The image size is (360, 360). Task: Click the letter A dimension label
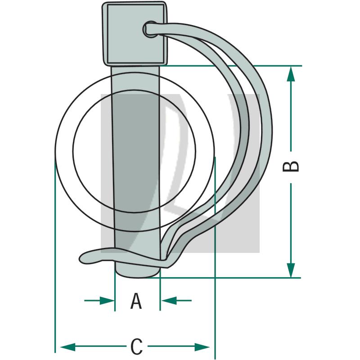point(136,301)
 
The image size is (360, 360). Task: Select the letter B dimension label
point(291,166)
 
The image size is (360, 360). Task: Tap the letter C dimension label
point(136,347)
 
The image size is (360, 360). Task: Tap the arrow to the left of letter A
point(99,300)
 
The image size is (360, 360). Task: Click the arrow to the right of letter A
point(176,300)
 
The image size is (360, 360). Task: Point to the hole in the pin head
point(149,29)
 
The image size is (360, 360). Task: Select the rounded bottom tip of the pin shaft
point(137,271)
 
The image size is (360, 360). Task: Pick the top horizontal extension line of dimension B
point(234,66)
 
